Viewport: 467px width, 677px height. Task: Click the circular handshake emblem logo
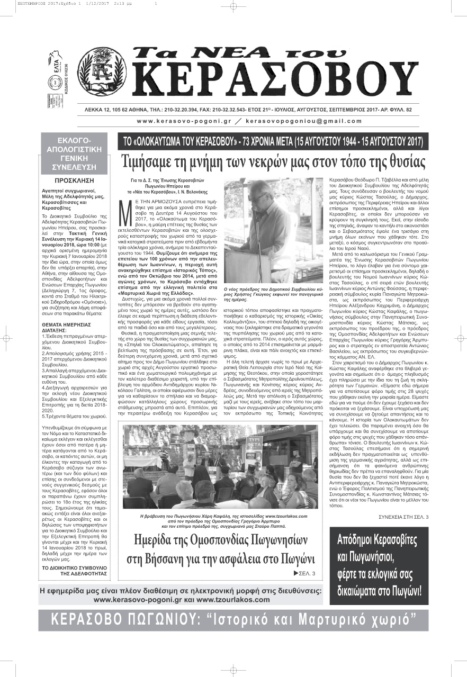tap(103, 71)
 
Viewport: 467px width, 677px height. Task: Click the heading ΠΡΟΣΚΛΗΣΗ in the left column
tap(74, 180)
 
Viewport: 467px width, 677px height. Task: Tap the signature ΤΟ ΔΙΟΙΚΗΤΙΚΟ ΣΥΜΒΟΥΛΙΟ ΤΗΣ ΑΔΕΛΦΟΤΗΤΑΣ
tap(74, 570)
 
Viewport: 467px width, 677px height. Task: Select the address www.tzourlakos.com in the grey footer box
tap(233, 600)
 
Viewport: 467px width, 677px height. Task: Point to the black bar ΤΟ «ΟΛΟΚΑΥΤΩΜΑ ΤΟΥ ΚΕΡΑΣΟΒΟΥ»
tap(273, 142)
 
